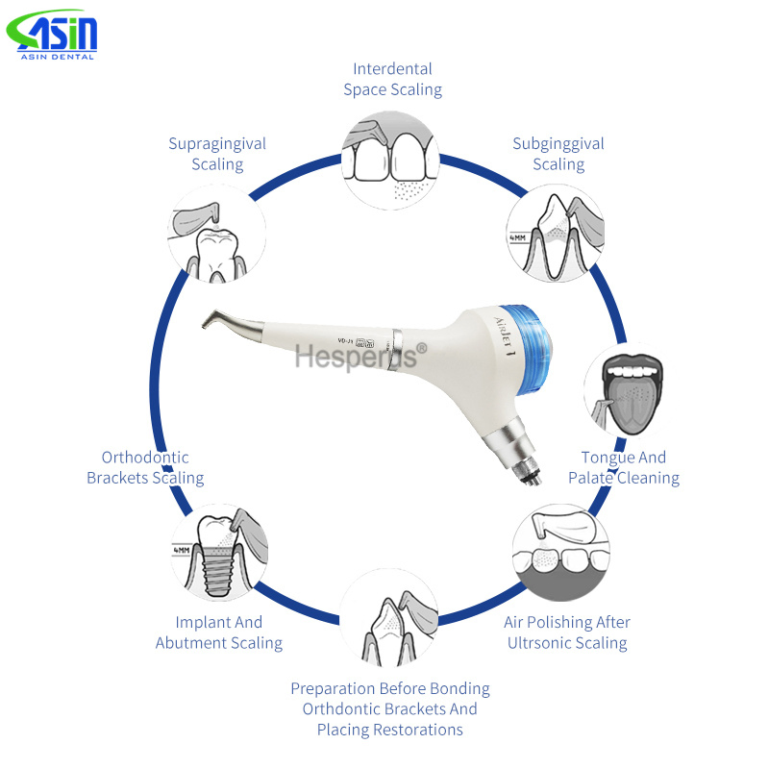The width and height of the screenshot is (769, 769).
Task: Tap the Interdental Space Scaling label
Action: tap(392, 79)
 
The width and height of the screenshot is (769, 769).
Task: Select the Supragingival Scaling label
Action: tap(217, 154)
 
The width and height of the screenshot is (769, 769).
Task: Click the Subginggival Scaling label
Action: tap(558, 154)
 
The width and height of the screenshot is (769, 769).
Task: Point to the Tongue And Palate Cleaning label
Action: tap(623, 467)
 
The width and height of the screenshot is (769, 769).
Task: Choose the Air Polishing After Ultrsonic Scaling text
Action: tap(567, 633)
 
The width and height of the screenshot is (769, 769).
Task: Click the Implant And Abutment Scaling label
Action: tap(219, 633)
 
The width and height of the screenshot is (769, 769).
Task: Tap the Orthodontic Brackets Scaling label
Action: tap(145, 467)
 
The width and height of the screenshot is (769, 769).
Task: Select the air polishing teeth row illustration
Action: tap(559, 553)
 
